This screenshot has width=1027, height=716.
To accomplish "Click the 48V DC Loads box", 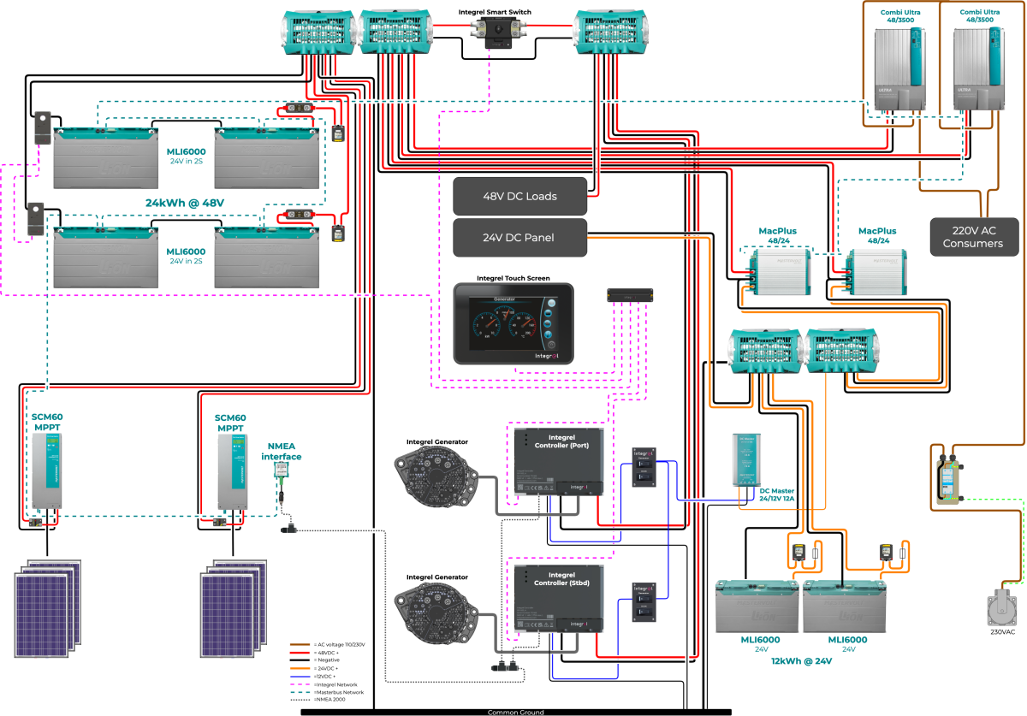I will pos(519,196).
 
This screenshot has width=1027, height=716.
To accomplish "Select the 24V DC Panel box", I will pos(519,238).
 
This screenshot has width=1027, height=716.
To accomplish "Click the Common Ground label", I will pos(515,712).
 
